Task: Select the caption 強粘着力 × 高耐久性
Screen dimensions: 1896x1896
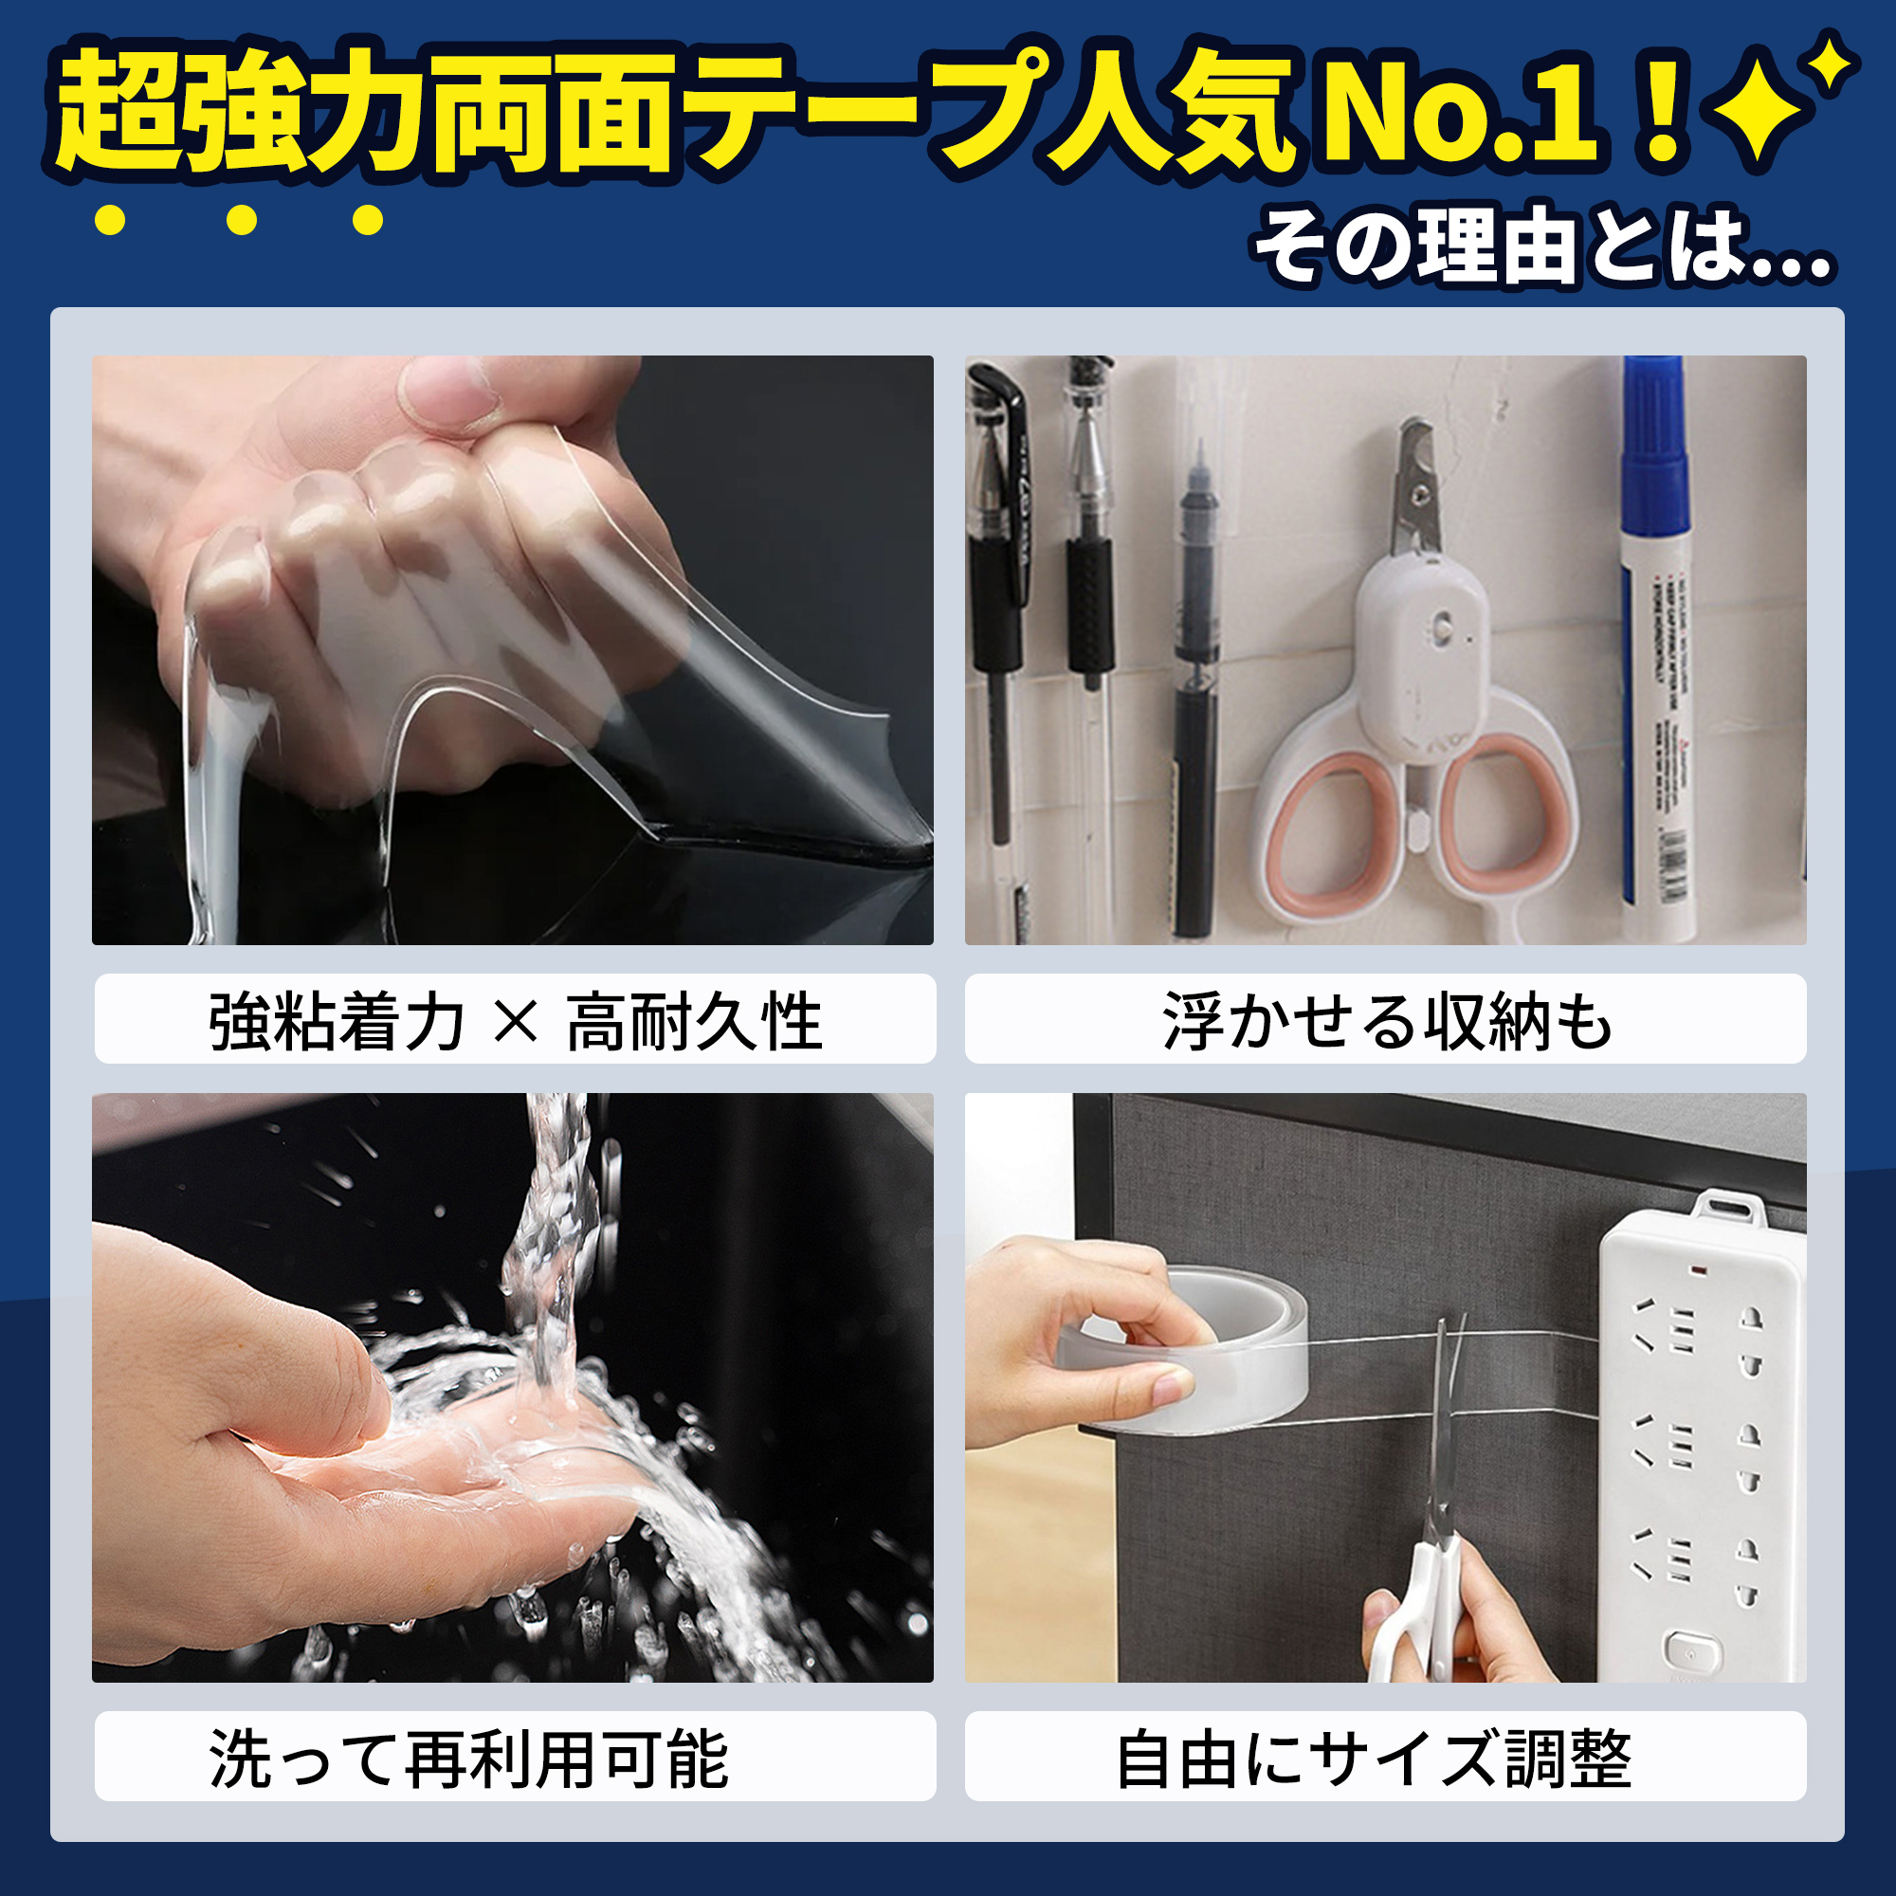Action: tap(515, 1022)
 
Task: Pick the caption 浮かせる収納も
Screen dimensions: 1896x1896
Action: tap(1387, 1022)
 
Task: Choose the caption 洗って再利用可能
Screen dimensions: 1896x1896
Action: tap(469, 1759)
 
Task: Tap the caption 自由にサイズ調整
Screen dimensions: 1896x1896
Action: tap(1374, 1759)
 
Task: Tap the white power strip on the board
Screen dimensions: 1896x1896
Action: tap(1704, 1432)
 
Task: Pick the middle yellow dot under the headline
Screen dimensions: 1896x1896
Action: tap(241, 220)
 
